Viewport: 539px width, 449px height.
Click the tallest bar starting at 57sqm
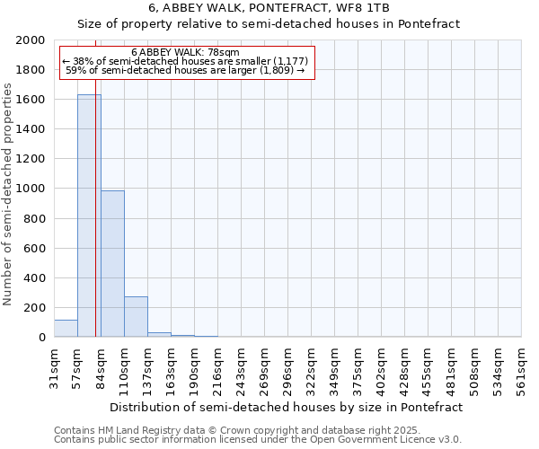pos(89,216)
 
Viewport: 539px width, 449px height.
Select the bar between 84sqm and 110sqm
pos(112,264)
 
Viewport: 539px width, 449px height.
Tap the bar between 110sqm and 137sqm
pos(136,317)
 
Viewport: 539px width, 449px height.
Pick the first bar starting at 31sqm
pos(66,329)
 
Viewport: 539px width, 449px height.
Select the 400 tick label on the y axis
pos(35,278)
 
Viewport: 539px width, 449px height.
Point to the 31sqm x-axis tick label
pos(54,369)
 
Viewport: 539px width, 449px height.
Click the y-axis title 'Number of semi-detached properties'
pos(9,195)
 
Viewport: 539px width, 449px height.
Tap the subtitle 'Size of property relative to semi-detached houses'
pos(269,24)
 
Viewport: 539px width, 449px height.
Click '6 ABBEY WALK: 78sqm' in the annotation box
pos(185,53)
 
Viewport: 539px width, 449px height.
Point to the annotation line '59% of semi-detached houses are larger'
pos(185,70)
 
